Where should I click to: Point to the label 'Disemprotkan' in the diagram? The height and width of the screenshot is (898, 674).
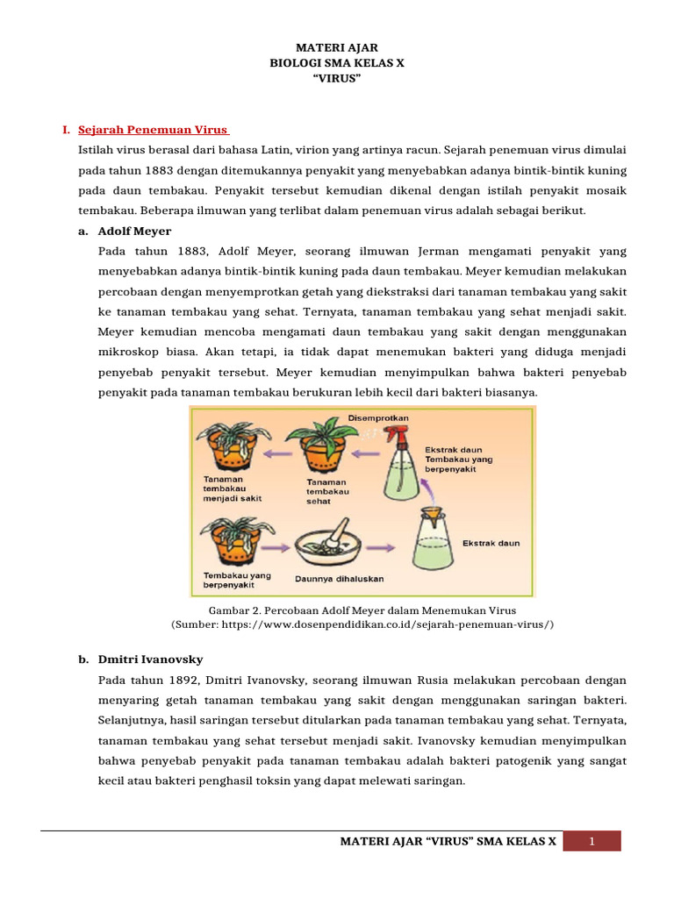(378, 418)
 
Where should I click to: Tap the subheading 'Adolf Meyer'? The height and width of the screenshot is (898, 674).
(134, 231)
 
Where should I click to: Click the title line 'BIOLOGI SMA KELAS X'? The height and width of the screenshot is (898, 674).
(337, 64)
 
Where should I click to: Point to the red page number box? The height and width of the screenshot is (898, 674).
(592, 842)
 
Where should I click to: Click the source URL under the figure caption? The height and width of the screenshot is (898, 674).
(362, 624)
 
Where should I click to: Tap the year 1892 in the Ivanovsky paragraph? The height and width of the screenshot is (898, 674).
(171, 680)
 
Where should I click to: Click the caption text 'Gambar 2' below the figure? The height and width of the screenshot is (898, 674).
(231, 609)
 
